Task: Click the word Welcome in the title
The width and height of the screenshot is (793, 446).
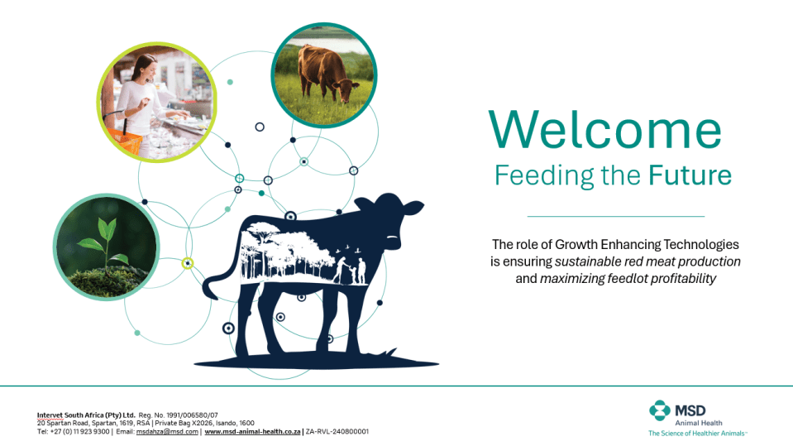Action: coord(604,130)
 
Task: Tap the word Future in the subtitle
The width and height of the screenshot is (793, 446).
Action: coord(690,175)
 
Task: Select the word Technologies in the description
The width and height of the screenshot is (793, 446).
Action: coord(701,245)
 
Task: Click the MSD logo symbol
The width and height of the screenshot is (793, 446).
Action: coord(660,410)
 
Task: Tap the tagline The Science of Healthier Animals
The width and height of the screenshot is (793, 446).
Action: coord(696,434)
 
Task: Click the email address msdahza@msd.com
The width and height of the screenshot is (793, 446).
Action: coord(167,432)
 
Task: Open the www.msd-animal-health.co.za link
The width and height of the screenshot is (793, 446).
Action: coord(252,432)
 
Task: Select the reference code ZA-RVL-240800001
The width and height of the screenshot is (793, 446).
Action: coord(337,432)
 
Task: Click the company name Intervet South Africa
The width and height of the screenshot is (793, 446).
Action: coord(86,415)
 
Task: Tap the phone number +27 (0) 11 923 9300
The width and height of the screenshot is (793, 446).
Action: coord(79,432)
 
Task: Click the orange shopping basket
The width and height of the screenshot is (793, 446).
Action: coord(124,140)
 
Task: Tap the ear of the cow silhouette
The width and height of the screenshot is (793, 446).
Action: coord(411,208)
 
